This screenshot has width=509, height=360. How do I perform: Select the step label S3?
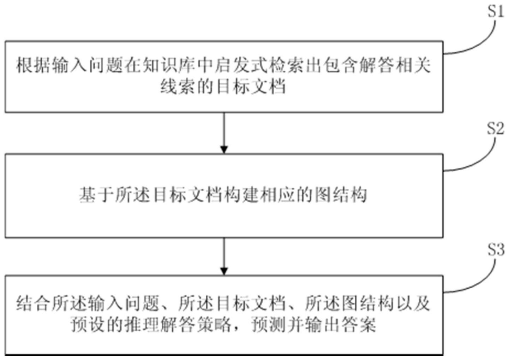[496, 250]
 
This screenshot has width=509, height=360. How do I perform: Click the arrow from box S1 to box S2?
[224, 133]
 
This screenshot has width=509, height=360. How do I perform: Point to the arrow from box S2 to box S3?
[224, 256]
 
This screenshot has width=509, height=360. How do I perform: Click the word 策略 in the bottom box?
[214, 324]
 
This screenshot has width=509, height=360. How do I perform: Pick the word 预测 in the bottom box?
[268, 324]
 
